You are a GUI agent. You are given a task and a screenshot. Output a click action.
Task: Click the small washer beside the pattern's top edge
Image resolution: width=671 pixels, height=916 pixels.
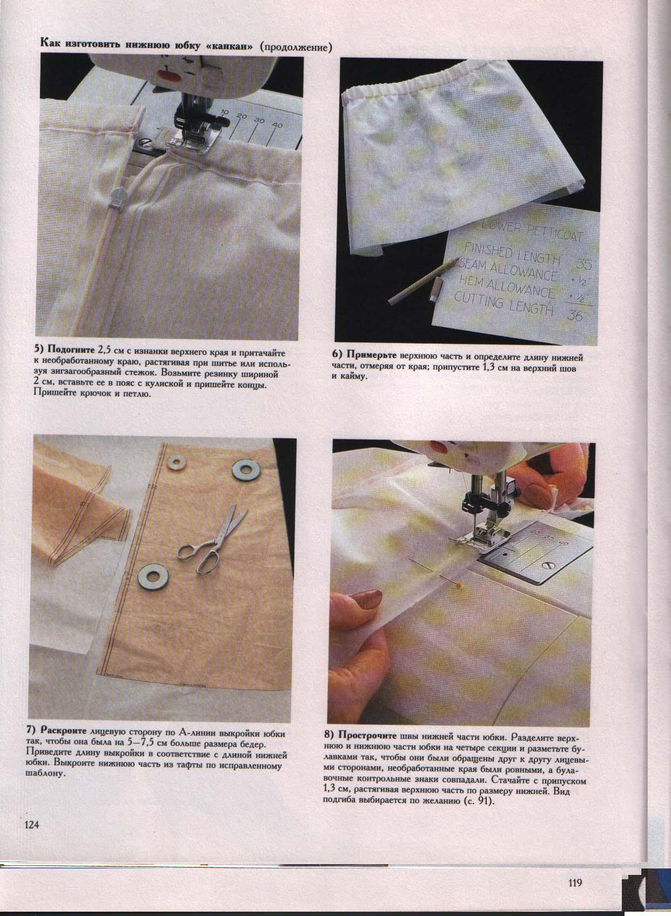pyautogui.click(x=175, y=463)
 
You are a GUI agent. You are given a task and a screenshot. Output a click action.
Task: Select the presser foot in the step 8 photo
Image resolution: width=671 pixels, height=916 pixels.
pyautogui.click(x=481, y=539)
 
